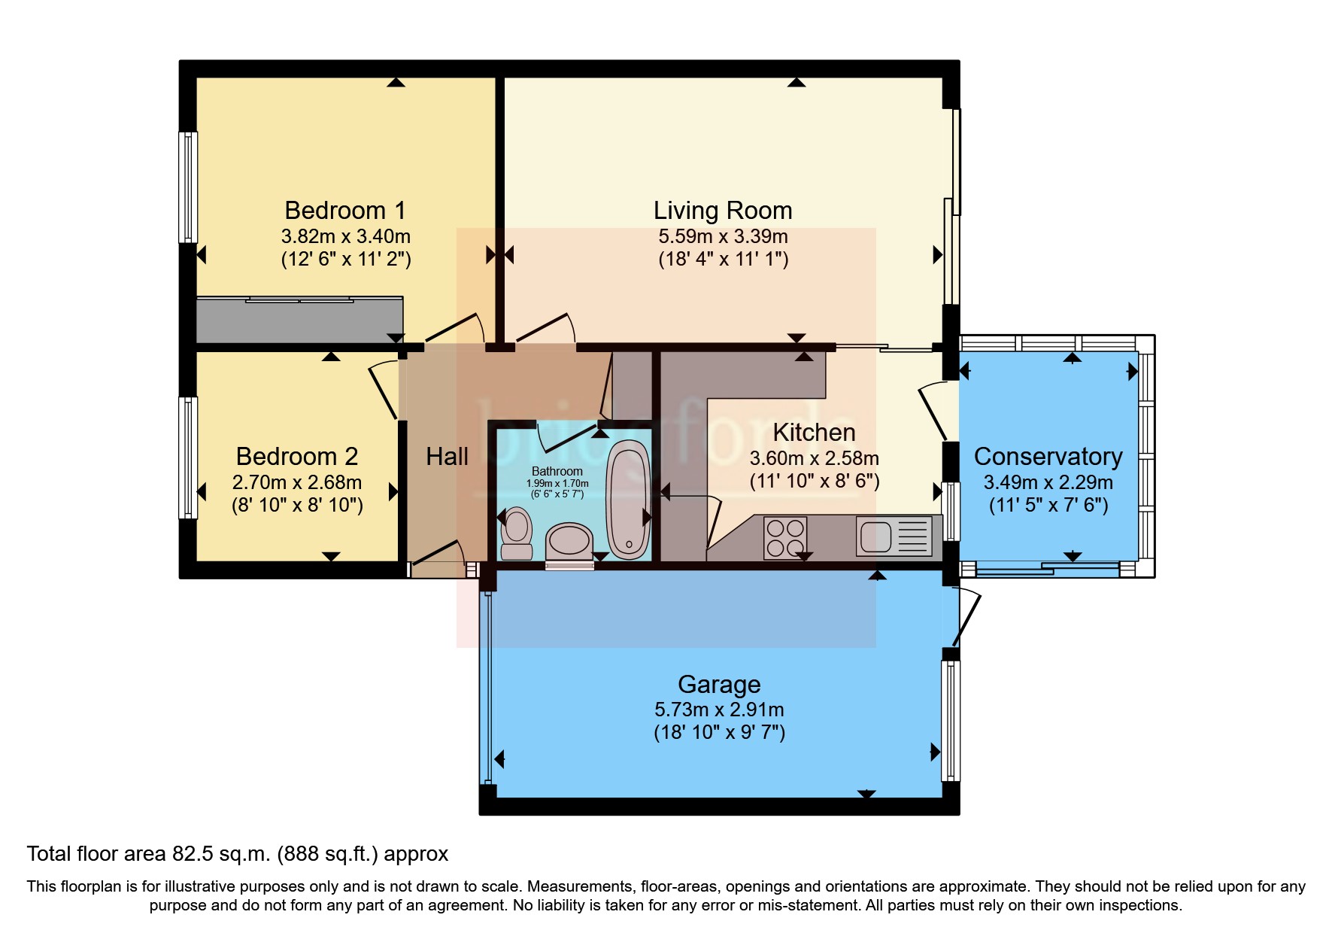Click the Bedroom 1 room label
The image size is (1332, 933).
(x=345, y=210)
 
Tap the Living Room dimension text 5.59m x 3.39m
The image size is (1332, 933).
(x=723, y=236)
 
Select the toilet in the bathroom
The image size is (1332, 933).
(x=516, y=533)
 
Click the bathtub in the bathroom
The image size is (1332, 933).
(x=628, y=500)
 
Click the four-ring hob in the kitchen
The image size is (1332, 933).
(x=785, y=536)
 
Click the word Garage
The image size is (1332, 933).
(x=719, y=684)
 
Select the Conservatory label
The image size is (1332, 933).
(x=1048, y=456)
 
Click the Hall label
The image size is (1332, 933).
(x=447, y=456)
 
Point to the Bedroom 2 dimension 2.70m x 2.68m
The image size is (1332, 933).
(x=297, y=482)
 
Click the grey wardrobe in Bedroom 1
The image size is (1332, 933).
(x=299, y=320)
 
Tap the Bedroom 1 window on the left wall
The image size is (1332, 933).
(x=187, y=187)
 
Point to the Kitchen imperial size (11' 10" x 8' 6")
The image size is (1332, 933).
(x=815, y=481)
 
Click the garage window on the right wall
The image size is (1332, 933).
(x=951, y=720)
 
